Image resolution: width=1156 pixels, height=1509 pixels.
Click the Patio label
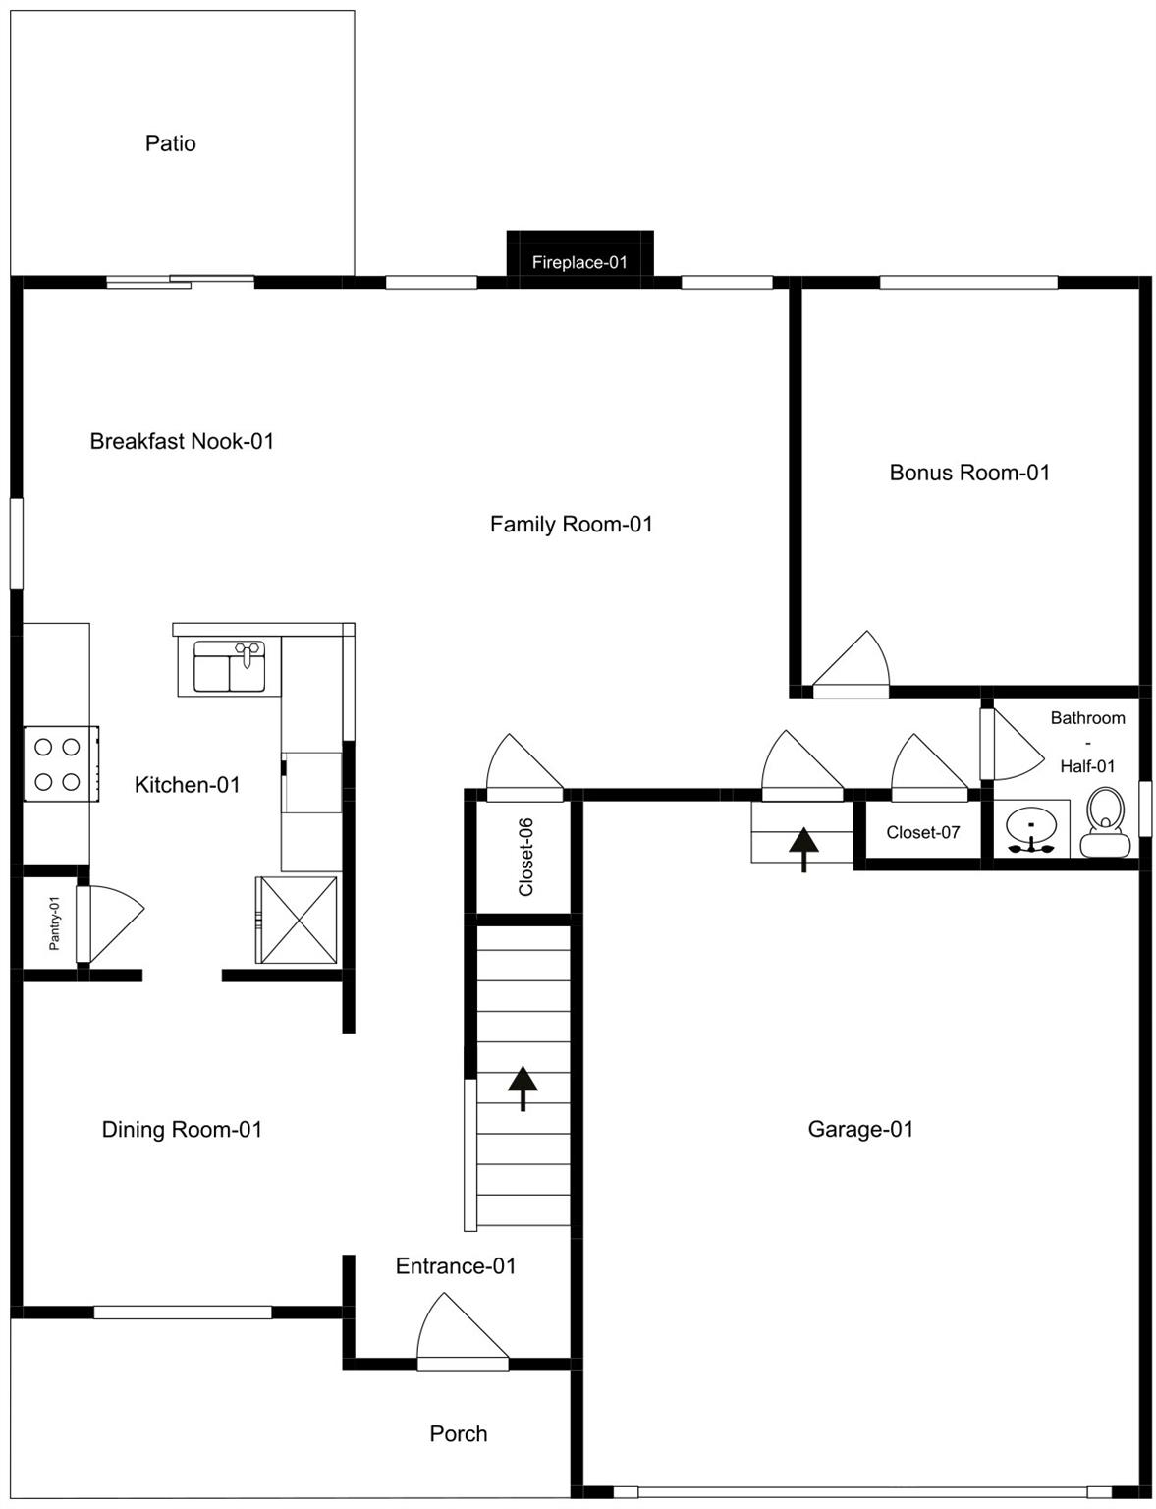[x=170, y=143]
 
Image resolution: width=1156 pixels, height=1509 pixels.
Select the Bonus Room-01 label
[x=969, y=473]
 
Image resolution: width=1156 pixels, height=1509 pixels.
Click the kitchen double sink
[x=229, y=666]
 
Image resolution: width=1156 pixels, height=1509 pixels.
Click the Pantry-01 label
[x=55, y=922]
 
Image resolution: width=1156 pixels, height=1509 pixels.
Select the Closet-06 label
[x=526, y=857]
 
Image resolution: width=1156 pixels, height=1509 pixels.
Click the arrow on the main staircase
[x=523, y=1087]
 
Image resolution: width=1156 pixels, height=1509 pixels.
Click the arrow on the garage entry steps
[x=803, y=848]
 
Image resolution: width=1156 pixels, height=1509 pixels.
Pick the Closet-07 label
[x=922, y=832]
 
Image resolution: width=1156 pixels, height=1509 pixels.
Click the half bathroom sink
[x=1031, y=827]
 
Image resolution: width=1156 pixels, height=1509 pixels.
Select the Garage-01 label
[x=860, y=1129]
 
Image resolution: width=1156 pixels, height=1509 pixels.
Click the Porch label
[x=458, y=1433]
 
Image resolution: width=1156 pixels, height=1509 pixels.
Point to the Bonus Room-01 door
[x=852, y=668]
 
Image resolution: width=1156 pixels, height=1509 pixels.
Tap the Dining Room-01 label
[x=182, y=1129]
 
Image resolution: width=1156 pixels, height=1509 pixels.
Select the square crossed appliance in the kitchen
[x=297, y=920]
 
